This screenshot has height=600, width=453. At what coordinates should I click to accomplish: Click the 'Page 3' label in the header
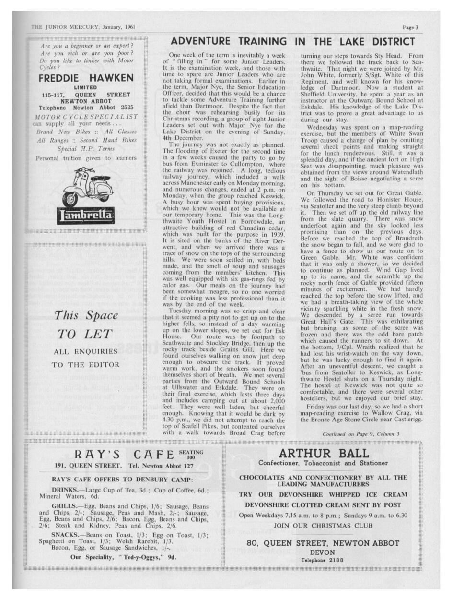(x=410, y=27)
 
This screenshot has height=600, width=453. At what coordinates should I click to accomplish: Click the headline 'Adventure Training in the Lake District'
(x=292, y=42)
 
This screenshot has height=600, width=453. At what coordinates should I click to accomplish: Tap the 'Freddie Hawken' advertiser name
(x=86, y=78)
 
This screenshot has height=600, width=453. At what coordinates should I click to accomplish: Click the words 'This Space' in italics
(x=86, y=315)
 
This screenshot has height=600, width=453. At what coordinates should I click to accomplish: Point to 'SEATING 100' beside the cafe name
(x=191, y=454)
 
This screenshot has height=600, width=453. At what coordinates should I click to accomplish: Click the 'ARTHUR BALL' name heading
(x=324, y=454)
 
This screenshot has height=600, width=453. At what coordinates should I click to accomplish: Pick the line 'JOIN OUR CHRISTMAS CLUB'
(x=324, y=525)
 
